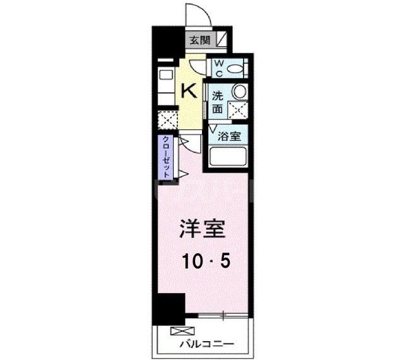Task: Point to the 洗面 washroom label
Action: (217, 102)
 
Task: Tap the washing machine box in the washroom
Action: (237, 109)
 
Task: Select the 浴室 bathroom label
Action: (229, 135)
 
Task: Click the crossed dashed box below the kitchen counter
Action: (167, 119)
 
